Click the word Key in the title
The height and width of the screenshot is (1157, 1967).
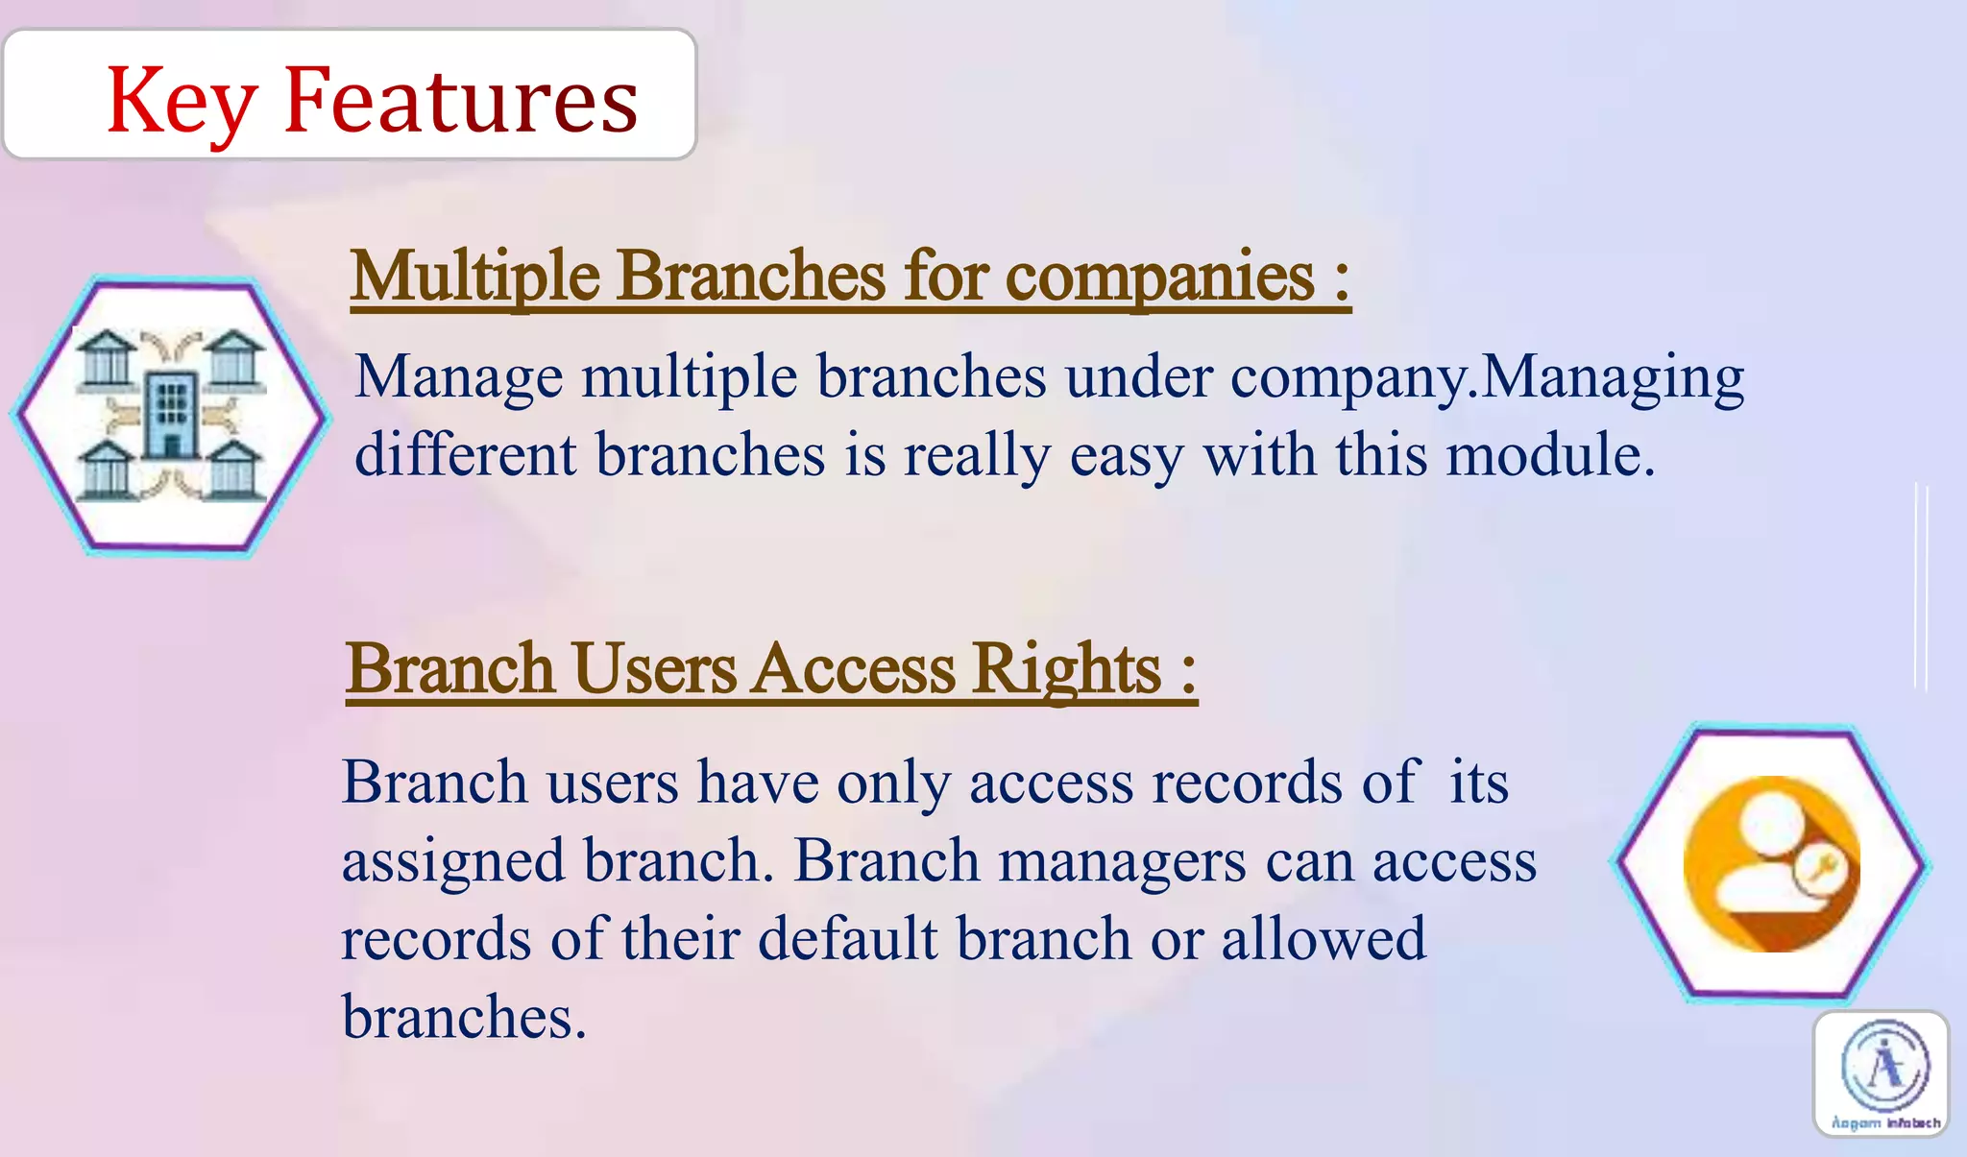pyautogui.click(x=181, y=102)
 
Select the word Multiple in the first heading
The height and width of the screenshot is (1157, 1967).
pyautogui.click(x=475, y=277)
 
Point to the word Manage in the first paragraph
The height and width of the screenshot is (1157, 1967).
pyautogui.click(x=458, y=377)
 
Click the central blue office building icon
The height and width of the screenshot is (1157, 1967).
pyautogui.click(x=171, y=415)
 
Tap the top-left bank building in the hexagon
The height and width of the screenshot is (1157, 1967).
pyautogui.click(x=106, y=359)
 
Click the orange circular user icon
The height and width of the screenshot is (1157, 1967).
pyautogui.click(x=1770, y=863)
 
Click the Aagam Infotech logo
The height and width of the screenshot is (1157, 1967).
pyautogui.click(x=1882, y=1073)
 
